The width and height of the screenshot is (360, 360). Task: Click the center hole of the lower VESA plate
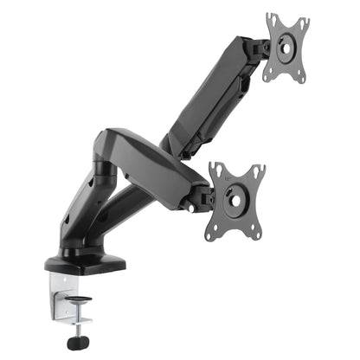[x=235, y=198]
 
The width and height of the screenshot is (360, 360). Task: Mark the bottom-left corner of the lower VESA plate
[x=209, y=236]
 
